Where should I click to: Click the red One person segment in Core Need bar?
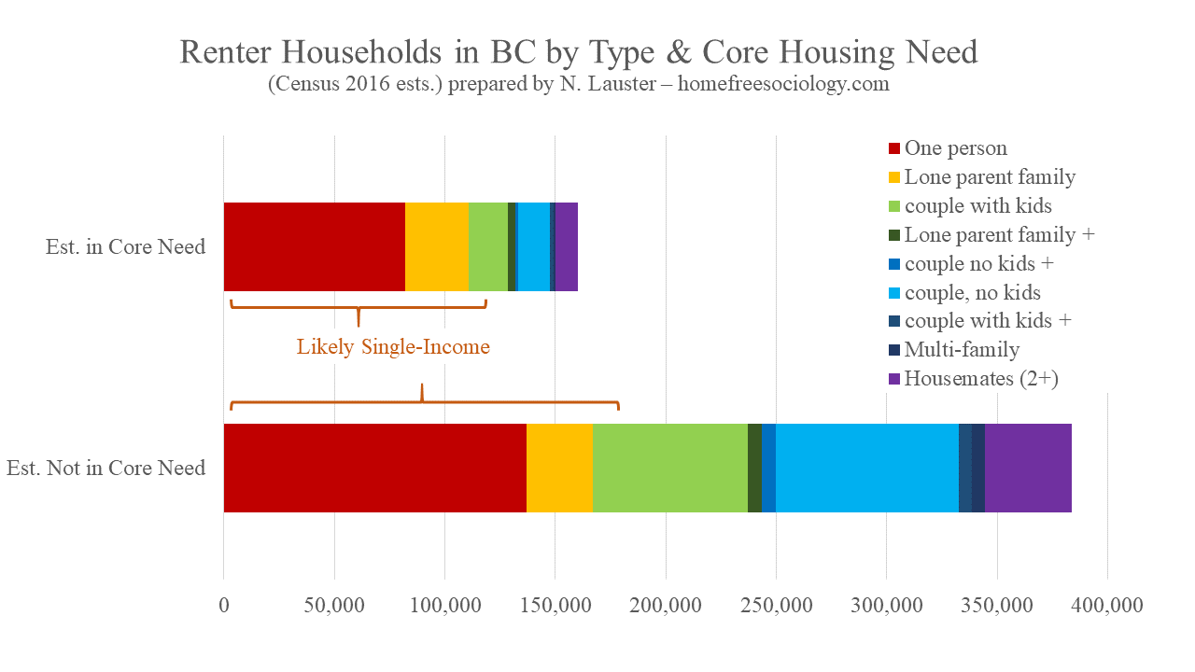point(314,246)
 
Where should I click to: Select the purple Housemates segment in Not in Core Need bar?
point(1028,468)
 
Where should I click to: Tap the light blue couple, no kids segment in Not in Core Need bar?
point(867,468)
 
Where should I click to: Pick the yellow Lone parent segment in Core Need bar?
point(436,246)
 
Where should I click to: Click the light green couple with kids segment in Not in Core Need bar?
point(669,468)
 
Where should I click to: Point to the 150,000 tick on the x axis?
point(555,606)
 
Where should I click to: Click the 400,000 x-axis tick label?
point(1107,606)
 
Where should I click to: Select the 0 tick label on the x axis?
point(224,606)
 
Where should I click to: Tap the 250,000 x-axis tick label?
point(777,606)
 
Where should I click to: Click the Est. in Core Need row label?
point(125,247)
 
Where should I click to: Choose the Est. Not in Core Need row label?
point(105,468)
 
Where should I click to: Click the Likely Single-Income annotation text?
point(393,347)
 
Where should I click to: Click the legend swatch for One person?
point(893,148)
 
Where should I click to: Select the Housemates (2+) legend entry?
point(980,379)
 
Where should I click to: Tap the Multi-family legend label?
point(962,350)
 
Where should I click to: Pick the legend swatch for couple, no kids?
point(893,293)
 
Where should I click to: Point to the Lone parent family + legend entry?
point(999,235)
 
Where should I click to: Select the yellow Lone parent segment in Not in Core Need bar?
point(559,468)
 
